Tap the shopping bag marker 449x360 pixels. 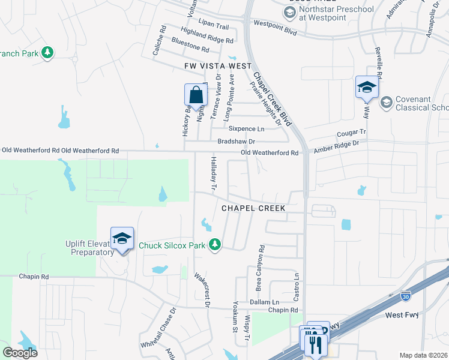[x=196, y=95]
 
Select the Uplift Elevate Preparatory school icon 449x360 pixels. [x=122, y=238]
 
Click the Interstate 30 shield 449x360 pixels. [x=406, y=295]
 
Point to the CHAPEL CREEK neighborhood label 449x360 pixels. [x=253, y=208]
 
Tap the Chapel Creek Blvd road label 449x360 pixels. [x=272, y=99]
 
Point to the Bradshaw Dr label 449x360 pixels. [x=236, y=141]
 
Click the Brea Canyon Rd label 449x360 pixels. [x=261, y=260]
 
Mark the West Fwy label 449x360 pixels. [x=402, y=315]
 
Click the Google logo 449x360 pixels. [x=19, y=353]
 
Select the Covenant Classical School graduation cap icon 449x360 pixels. [x=386, y=103]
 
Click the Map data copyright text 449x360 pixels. [x=423, y=355]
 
